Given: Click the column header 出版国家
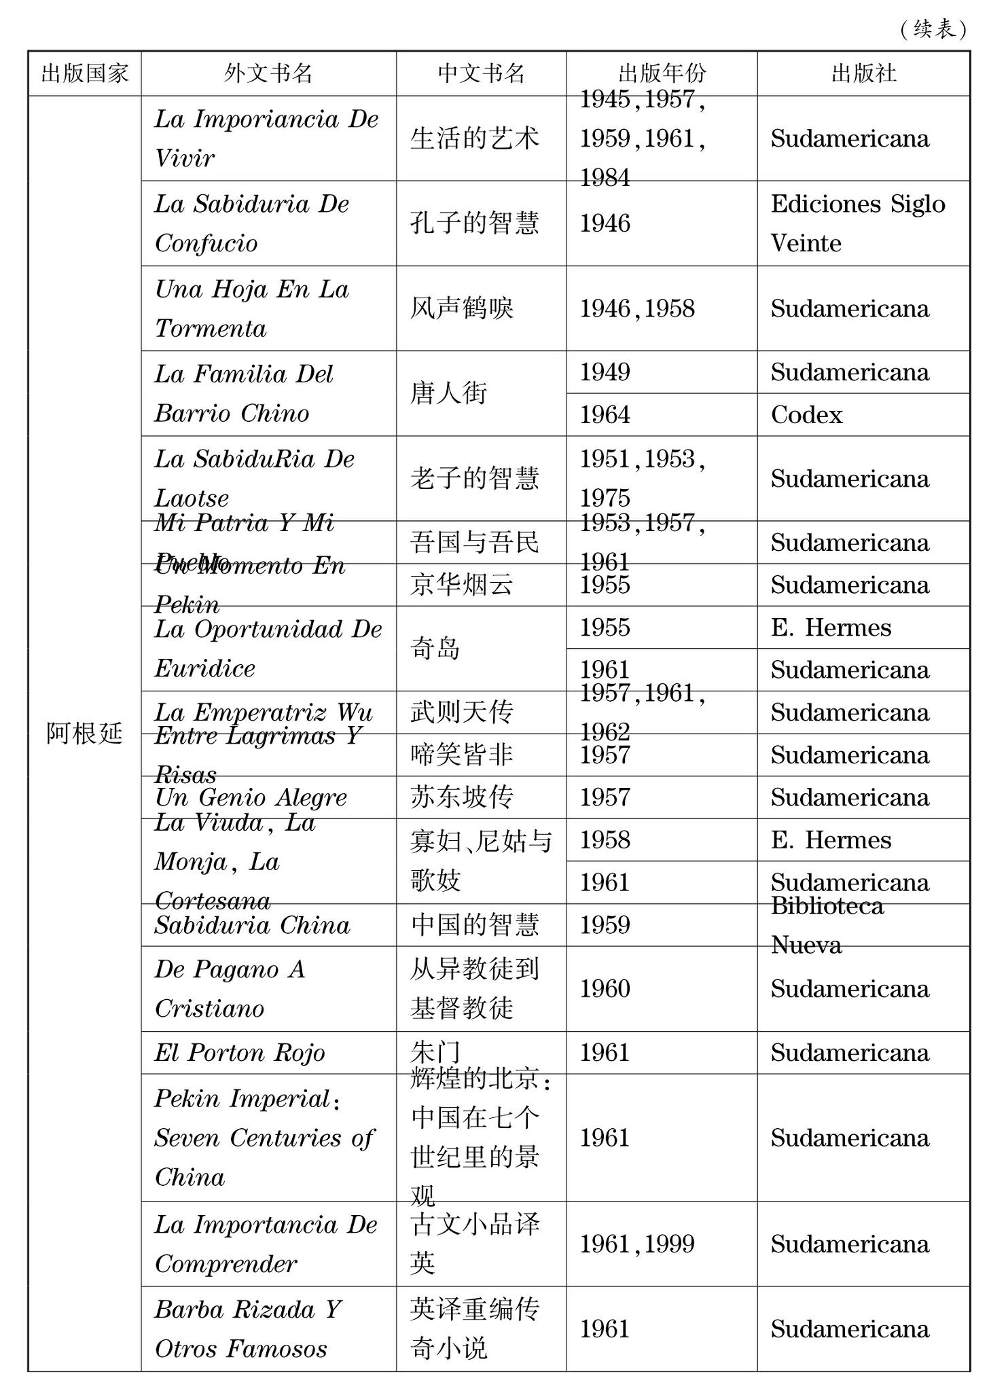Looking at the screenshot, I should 84,73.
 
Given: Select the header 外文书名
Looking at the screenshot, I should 268,73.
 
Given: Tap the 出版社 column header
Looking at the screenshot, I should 863,73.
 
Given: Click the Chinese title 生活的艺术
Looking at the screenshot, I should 474,139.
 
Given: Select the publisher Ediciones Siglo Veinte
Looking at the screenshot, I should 857,223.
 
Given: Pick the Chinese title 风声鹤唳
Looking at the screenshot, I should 461,309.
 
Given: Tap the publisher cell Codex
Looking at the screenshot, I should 806,415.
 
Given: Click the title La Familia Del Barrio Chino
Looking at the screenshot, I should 243,393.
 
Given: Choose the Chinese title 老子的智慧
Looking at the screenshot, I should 474,479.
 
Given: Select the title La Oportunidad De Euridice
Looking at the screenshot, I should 268,649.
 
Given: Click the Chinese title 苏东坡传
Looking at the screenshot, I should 461,797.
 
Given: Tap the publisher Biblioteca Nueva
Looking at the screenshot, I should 827,925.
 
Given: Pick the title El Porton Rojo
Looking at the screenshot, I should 239,1053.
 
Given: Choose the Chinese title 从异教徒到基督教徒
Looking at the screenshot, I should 474,989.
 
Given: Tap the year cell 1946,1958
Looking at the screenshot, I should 636,309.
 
